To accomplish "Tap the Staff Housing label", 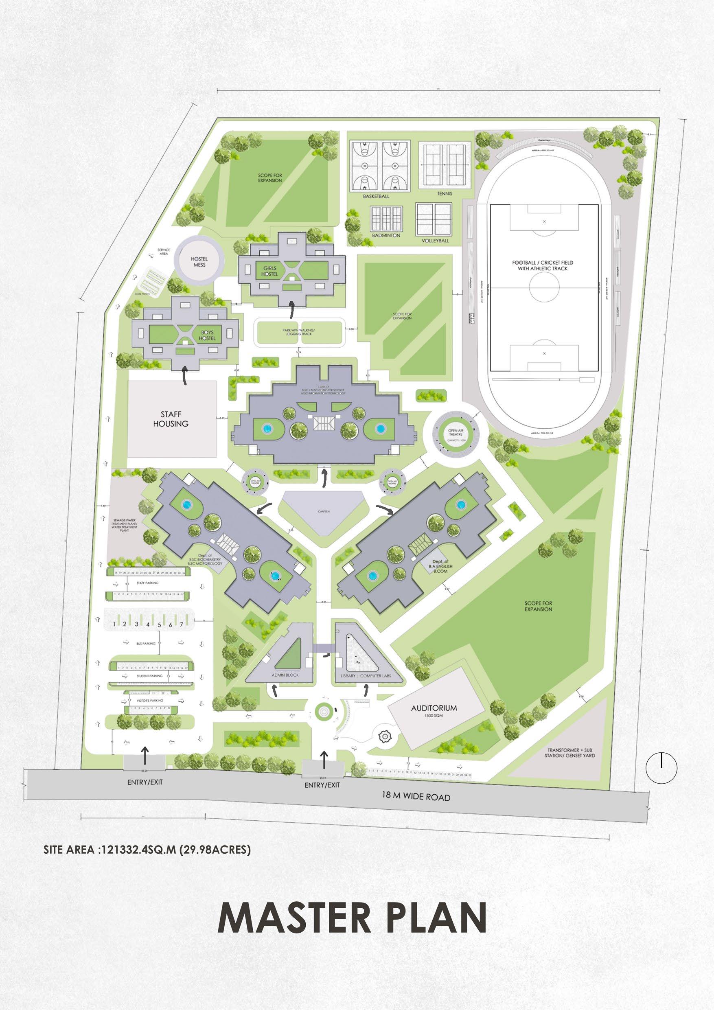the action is [171, 419].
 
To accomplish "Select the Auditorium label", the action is [434, 708].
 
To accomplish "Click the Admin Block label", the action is [286, 675].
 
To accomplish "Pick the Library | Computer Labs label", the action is [366, 676].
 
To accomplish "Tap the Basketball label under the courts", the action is [376, 196].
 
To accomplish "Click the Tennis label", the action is [445, 193].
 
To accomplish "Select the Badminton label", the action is [386, 235].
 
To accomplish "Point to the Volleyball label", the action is [435, 241].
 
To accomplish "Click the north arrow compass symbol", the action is [661, 768].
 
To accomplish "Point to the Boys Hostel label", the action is [207, 335].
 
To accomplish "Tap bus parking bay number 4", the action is [148, 624].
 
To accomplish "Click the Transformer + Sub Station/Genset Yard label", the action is [571, 753].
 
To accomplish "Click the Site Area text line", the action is [147, 850].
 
